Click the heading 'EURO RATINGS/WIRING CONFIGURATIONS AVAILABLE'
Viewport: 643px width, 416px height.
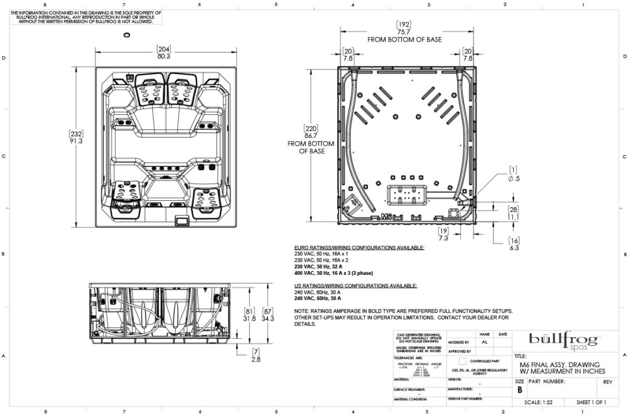pyautogui.click(x=359, y=248)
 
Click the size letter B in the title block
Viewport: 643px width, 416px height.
pyautogui.click(x=519, y=389)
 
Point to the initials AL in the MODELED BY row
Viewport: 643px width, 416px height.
pyautogui.click(x=484, y=343)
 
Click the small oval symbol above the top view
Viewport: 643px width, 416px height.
pyautogui.click(x=127, y=34)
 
